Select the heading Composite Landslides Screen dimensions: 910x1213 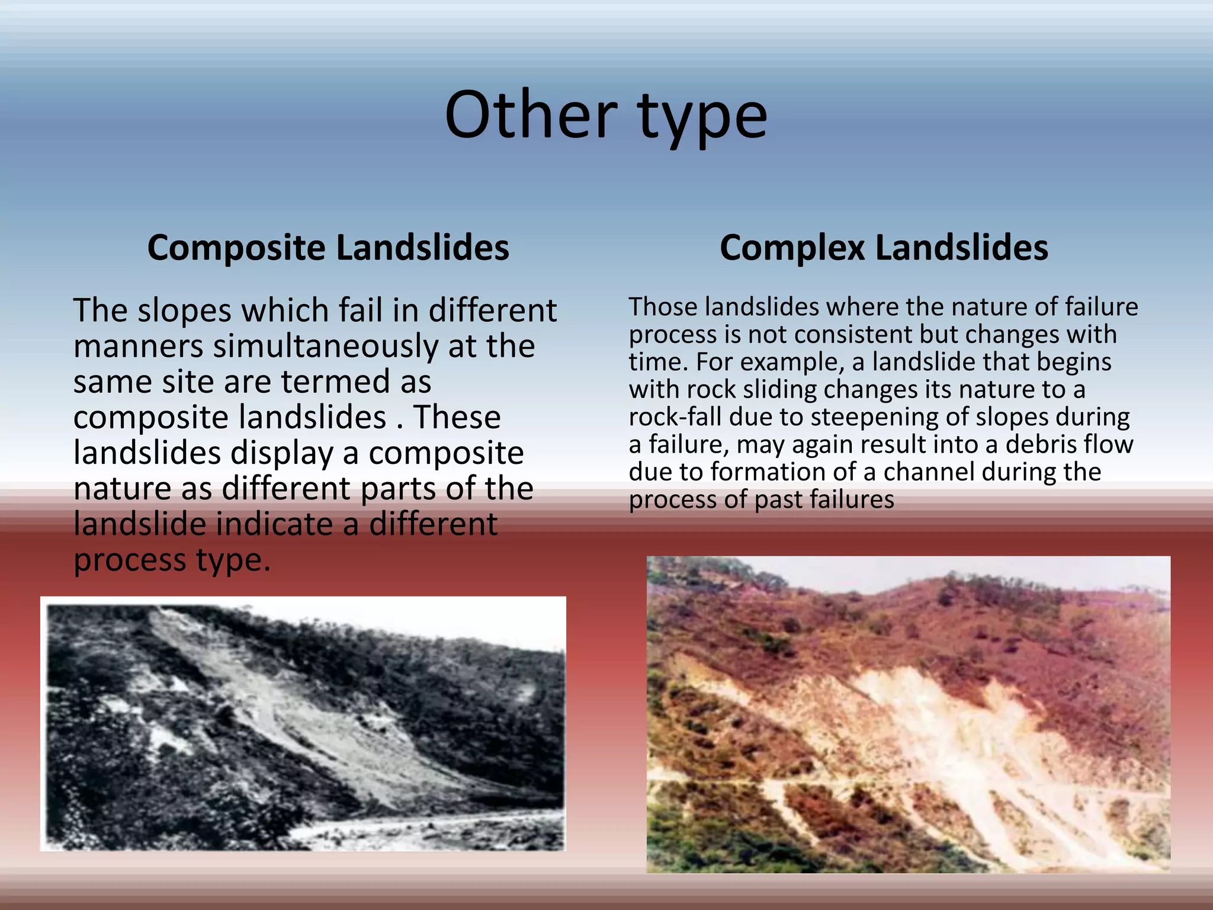(328, 248)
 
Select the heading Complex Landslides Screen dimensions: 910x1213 (884, 248)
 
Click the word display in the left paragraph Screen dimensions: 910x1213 (282, 454)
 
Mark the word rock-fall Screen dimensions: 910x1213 (675, 417)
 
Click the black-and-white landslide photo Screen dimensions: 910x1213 (303, 723)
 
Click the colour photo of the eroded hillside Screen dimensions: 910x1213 (908, 714)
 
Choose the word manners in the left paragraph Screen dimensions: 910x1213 (139, 347)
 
